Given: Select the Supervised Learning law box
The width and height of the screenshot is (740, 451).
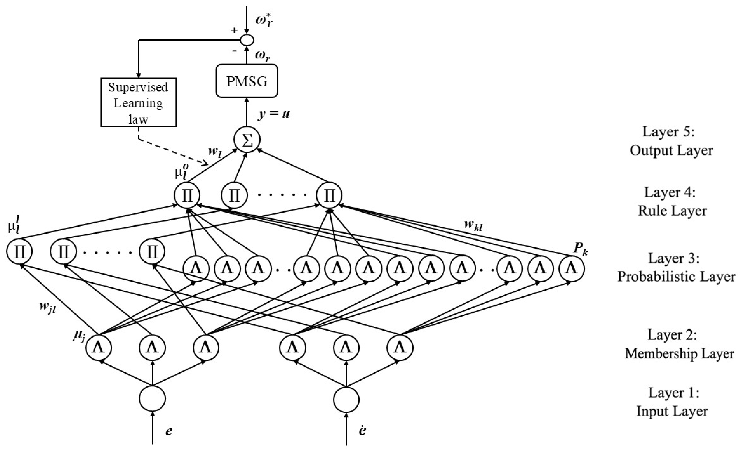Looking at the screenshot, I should coord(138,102).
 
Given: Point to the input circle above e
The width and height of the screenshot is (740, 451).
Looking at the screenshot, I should coord(152,398).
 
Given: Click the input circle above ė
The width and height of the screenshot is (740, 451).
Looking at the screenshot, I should coord(347,400).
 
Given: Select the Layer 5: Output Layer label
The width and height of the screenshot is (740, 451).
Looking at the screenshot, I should coord(671,141).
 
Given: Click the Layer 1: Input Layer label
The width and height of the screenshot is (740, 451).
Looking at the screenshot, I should coord(672,402).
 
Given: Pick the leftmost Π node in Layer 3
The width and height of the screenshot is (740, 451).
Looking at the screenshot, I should coord(19,252).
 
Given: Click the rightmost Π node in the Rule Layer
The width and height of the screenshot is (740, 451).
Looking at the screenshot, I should coord(329,195).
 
